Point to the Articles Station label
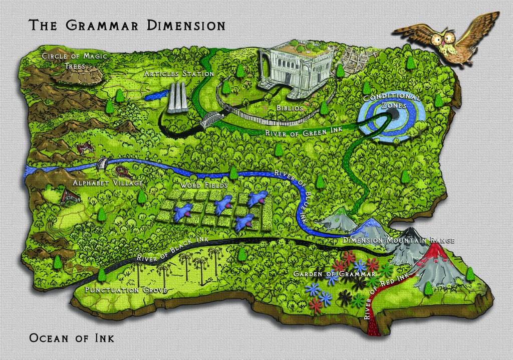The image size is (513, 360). [178, 74]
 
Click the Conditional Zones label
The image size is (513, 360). [392, 101]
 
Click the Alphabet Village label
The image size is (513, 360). [108, 183]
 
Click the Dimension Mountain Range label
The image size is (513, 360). [399, 241]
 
